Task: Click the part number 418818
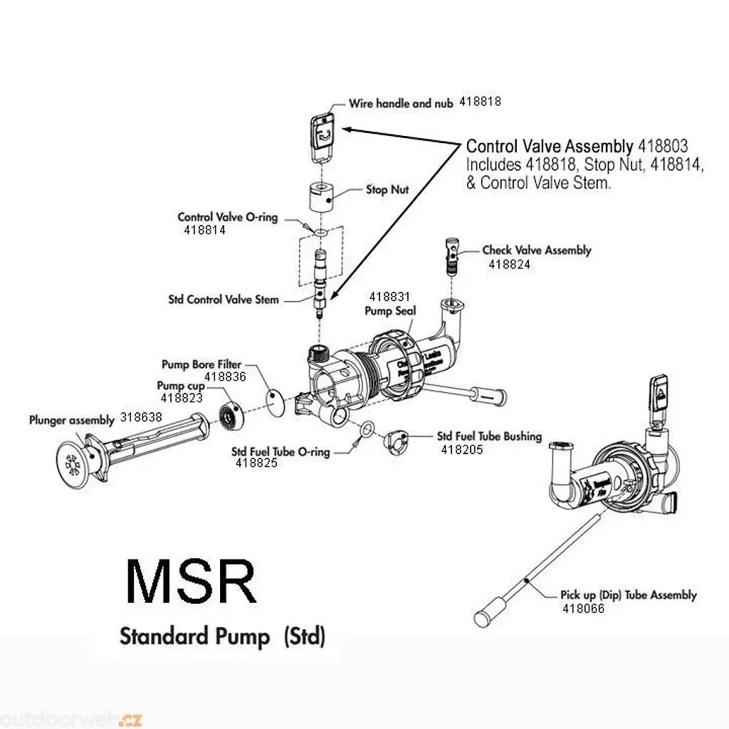480,102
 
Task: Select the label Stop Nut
387,189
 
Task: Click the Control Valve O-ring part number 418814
204,230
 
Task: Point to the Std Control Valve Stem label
224,300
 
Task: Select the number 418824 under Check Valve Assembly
509,264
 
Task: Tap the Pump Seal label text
390,310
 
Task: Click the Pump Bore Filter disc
276,399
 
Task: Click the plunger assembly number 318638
141,419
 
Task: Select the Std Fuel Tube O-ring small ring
365,429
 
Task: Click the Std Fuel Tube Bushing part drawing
397,443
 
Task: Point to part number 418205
461,449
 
